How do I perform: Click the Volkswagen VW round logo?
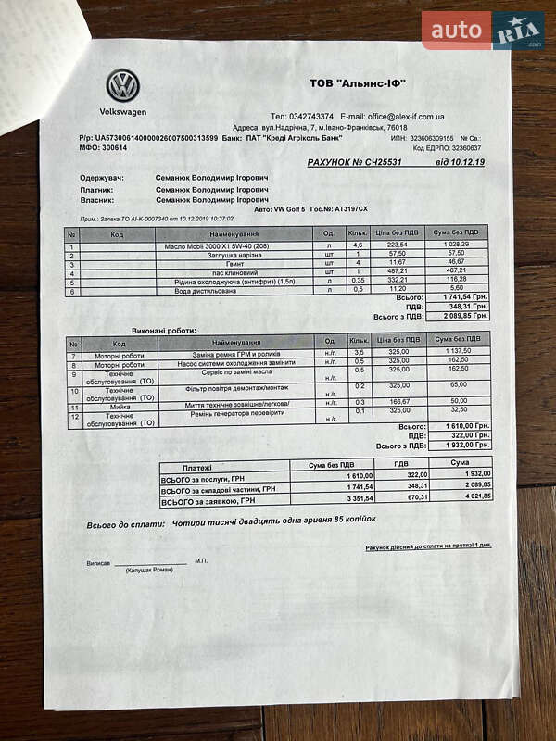(122, 86)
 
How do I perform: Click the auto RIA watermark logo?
(483, 31)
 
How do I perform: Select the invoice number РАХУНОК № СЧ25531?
(355, 162)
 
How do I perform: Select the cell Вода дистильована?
(213, 291)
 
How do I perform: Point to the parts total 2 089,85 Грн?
(460, 317)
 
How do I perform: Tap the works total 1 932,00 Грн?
(460, 445)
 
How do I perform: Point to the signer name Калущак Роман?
(148, 570)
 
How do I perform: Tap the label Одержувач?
(103, 176)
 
